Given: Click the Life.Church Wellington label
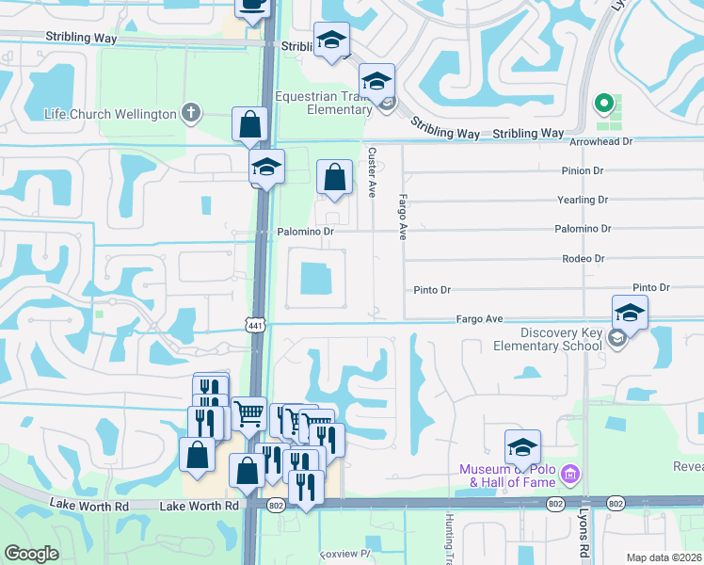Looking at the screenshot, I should (x=110, y=114).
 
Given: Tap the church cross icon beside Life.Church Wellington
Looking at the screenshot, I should (x=191, y=113).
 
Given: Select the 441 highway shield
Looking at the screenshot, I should (x=255, y=325).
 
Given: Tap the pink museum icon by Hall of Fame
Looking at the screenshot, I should (x=568, y=472).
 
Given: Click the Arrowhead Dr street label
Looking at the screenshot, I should (x=602, y=141).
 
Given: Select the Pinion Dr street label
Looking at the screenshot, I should (x=582, y=170).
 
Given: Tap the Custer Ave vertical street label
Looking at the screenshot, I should (x=372, y=171).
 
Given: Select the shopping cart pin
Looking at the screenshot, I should (x=248, y=412).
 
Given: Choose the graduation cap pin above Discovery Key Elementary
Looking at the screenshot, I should (x=630, y=312).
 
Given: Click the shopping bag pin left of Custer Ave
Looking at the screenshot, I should (x=334, y=176).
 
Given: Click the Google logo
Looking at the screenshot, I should (x=31, y=554).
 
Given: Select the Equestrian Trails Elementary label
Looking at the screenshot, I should (x=324, y=103).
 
